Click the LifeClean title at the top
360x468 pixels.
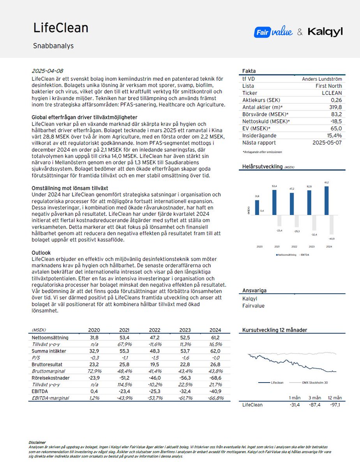point(60,28)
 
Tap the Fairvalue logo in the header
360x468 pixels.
point(273,32)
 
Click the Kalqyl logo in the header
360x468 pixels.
point(325,32)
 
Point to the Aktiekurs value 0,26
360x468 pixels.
point(336,100)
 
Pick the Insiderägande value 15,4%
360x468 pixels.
point(334,135)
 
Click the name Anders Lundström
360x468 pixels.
point(322,79)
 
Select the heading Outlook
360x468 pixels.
point(41,253)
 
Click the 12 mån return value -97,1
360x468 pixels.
point(335,405)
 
